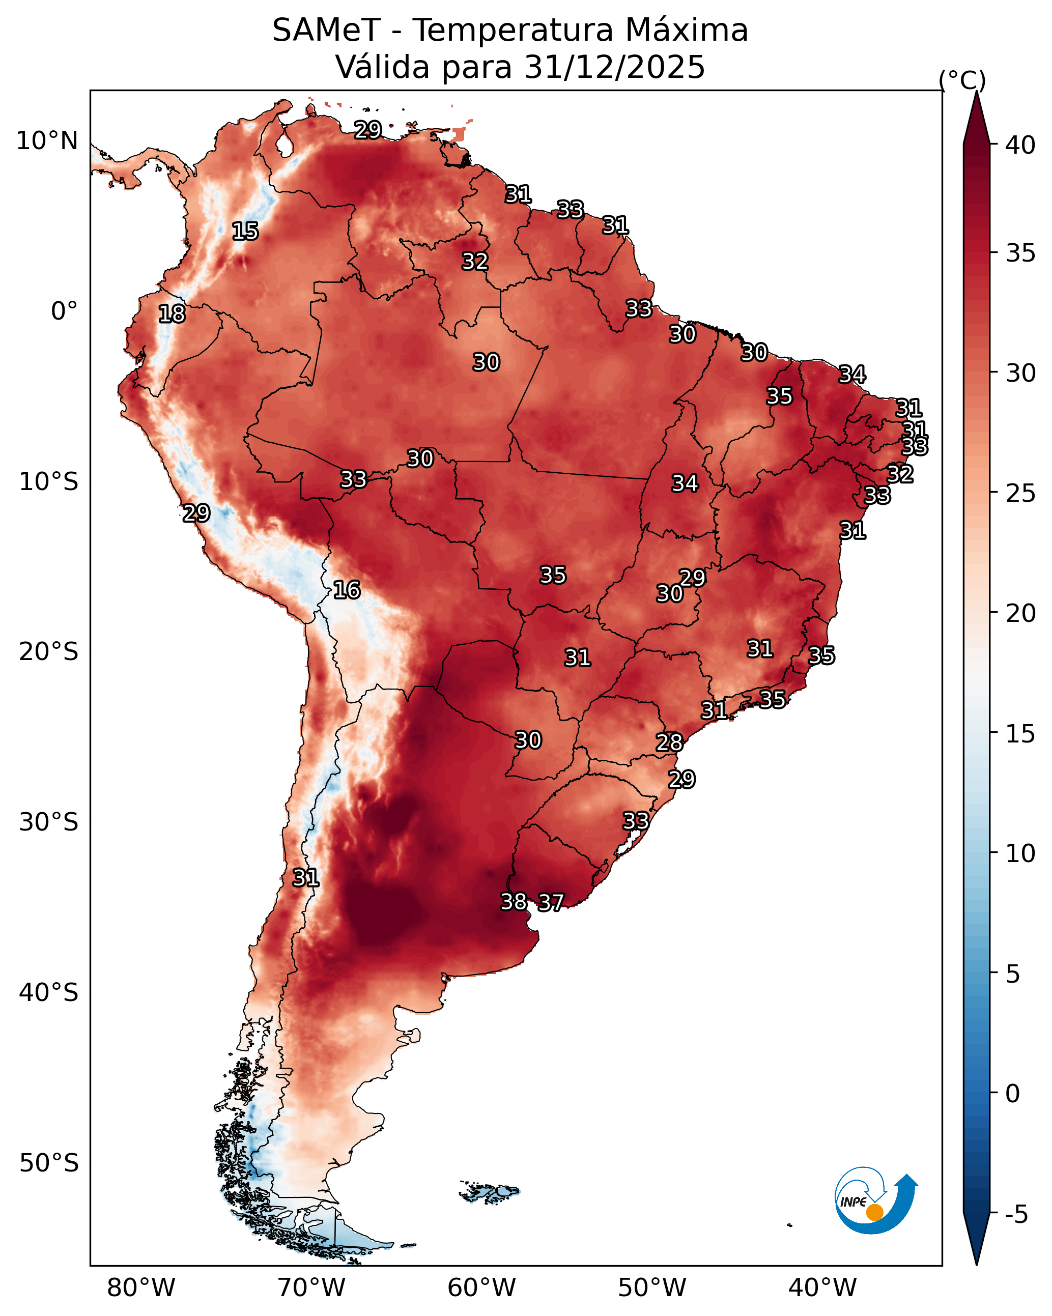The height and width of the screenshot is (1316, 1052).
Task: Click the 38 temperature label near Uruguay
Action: pyautogui.click(x=514, y=901)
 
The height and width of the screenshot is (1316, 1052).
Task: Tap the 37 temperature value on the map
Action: pyautogui.click(x=551, y=902)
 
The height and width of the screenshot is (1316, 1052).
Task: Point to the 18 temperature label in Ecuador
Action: pyautogui.click(x=172, y=314)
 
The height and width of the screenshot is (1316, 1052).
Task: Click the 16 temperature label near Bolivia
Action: pyautogui.click(x=347, y=590)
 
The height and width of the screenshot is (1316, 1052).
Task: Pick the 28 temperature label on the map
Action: pyautogui.click(x=669, y=742)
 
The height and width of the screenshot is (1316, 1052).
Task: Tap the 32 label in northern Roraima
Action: pyautogui.click(x=475, y=261)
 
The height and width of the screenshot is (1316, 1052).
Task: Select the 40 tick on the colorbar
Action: pyautogui.click(x=1020, y=145)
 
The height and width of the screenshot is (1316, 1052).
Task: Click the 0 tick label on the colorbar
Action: pyautogui.click(x=1012, y=1094)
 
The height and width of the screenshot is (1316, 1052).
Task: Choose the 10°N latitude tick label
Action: pyautogui.click(x=47, y=141)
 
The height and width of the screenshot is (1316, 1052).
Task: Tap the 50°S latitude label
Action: pyautogui.click(x=49, y=1163)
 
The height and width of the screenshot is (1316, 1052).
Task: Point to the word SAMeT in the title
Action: pyautogui.click(x=327, y=30)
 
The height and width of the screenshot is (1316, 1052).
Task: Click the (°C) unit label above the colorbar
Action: pyautogui.click(x=962, y=80)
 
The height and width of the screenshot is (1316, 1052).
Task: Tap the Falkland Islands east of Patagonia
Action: pyautogui.click(x=489, y=1191)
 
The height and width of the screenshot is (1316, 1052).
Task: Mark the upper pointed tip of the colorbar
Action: pyautogui.click(x=976, y=92)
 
